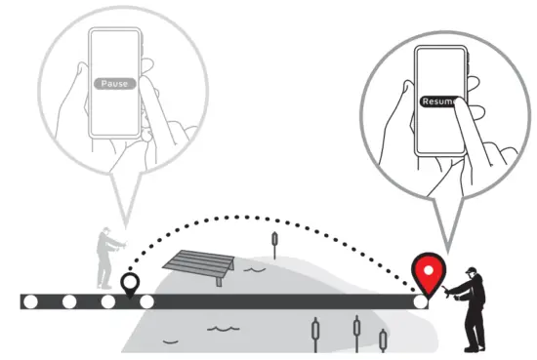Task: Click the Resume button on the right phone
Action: pos(438,100)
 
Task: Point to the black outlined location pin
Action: pos(129,285)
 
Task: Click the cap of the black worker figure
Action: pos(473,268)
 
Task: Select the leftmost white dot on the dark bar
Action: pos(30,301)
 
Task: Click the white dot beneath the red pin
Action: pos(422,302)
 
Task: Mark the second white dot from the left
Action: pos(69,301)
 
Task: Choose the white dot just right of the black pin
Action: pos(147,301)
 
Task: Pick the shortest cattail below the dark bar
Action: pos(383,338)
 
